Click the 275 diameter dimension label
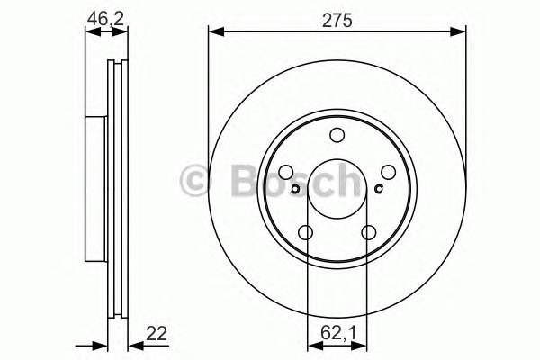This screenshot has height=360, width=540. point(337,16)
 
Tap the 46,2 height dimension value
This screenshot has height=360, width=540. point(105,16)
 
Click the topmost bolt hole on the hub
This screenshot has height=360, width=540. point(337,136)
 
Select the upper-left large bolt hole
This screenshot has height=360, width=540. point(285,174)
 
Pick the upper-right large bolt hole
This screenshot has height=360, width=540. point(389,174)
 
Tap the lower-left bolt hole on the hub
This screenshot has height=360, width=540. point(305,234)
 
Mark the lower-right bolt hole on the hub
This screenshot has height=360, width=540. point(369,234)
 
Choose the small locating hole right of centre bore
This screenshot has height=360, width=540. point(379,189)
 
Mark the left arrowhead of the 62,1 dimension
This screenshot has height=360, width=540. point(311,346)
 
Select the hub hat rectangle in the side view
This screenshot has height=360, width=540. point(94,187)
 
